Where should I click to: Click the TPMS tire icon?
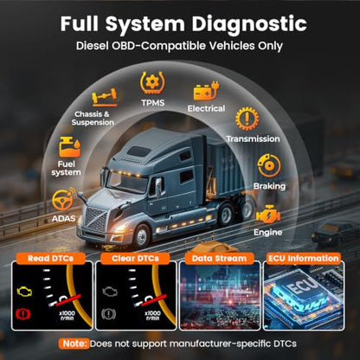(152, 83)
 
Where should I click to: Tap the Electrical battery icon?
(206, 91)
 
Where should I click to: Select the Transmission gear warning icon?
(247, 119)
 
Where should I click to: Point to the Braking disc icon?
(269, 165)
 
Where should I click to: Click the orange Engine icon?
(268, 215)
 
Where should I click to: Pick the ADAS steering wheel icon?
(63, 199)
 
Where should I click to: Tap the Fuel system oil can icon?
(69, 147)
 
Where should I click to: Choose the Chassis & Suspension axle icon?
(105, 98)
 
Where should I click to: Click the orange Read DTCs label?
(50, 258)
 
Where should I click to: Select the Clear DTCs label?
(135, 258)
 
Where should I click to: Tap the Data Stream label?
(219, 258)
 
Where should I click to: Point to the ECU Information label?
(304, 258)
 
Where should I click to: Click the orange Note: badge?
(74, 344)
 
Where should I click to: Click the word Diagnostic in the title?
(249, 23)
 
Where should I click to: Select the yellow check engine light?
(24, 292)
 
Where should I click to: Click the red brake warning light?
(24, 314)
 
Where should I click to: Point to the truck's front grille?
(96, 219)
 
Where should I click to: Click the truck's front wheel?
(141, 236)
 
